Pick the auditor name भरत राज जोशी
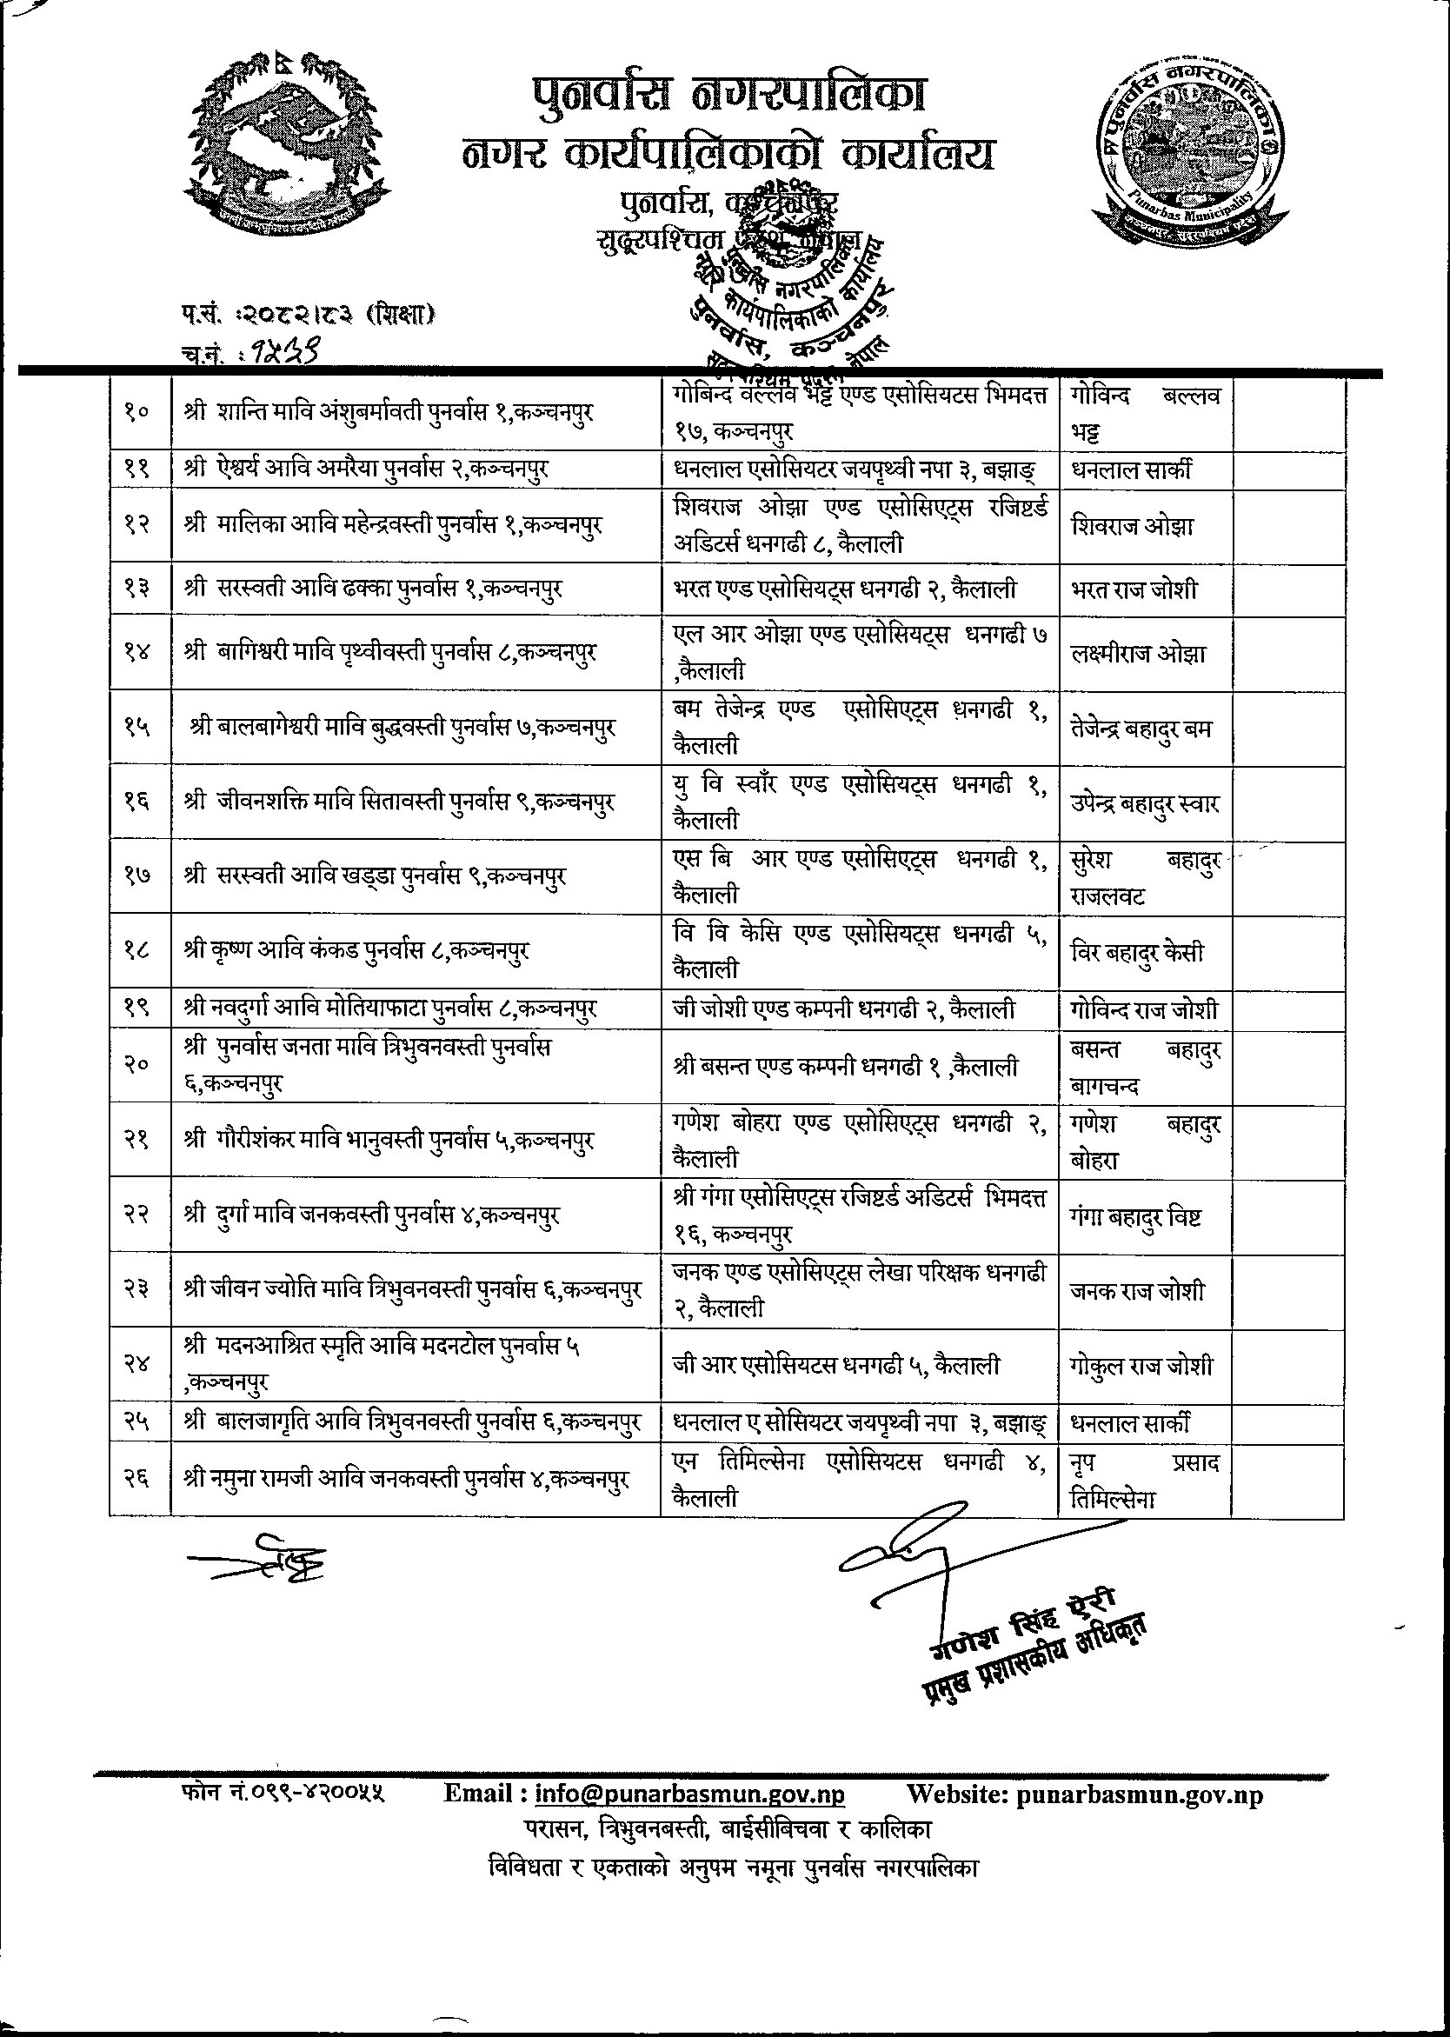click(1134, 589)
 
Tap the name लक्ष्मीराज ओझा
click(1138, 653)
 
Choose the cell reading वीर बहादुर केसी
click(1136, 952)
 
